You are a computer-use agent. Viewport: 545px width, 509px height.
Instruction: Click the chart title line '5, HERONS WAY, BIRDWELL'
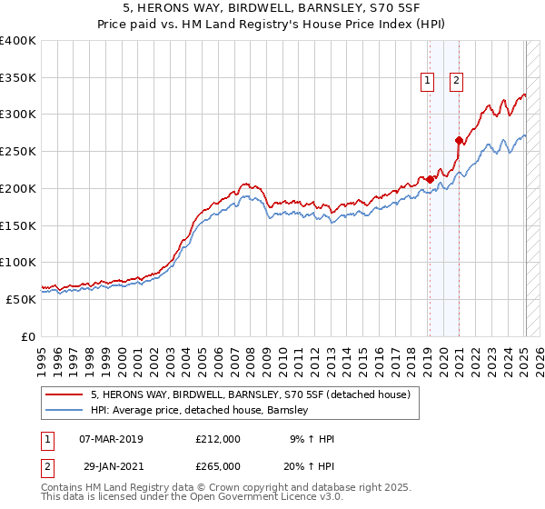pyautogui.click(x=272, y=8)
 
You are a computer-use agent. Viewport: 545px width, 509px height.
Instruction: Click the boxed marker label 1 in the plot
pyautogui.click(x=427, y=81)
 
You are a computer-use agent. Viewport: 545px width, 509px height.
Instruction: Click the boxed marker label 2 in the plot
pyautogui.click(x=456, y=81)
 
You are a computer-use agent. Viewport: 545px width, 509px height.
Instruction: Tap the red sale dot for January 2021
pyautogui.click(x=459, y=140)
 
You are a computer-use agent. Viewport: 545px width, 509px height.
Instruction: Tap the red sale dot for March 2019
pyautogui.click(x=430, y=179)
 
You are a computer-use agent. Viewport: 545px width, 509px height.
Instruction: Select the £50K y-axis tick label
pyautogui.click(x=21, y=299)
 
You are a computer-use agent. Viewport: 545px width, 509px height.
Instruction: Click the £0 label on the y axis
pyautogui.click(x=28, y=336)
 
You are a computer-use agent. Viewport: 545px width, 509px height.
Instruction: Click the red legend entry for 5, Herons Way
pyautogui.click(x=251, y=394)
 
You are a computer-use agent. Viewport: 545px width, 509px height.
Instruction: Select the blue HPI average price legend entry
pyautogui.click(x=199, y=410)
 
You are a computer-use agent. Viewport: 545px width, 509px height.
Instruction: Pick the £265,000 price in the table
pyautogui.click(x=218, y=465)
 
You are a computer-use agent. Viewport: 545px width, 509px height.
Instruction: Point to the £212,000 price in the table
pyautogui.click(x=218, y=439)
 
